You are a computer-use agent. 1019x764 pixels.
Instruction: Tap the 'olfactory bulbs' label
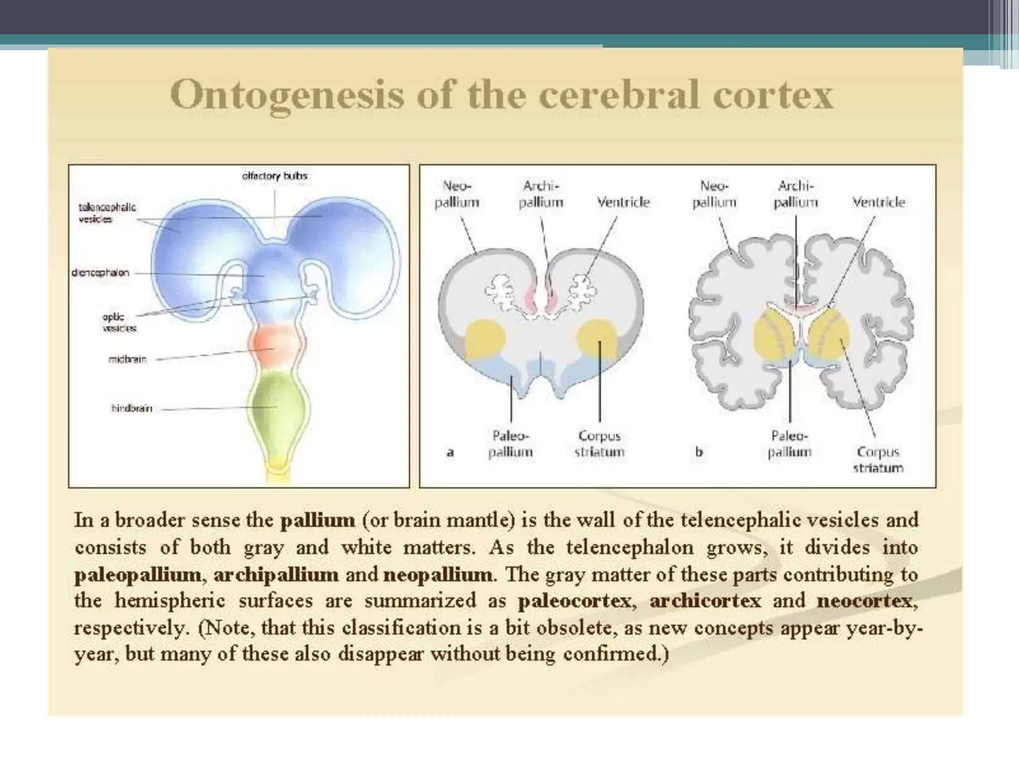pyautogui.click(x=275, y=176)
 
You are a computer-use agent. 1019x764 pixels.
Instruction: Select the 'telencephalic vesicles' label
pyautogui.click(x=107, y=213)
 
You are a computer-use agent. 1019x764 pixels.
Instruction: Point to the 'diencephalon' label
pyautogui.click(x=101, y=273)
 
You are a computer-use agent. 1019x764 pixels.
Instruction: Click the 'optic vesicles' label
pyautogui.click(x=118, y=322)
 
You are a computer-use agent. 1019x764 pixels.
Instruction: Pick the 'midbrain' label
pyautogui.click(x=127, y=359)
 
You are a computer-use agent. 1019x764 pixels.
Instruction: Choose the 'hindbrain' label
pyautogui.click(x=131, y=408)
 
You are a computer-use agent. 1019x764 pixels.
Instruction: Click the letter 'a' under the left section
pyautogui.click(x=450, y=453)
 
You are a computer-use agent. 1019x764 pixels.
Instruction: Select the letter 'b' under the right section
pyautogui.click(x=699, y=453)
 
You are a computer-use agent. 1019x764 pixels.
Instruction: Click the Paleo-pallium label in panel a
pyautogui.click(x=510, y=444)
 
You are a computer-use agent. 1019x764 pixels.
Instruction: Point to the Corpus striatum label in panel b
pyautogui.click(x=878, y=460)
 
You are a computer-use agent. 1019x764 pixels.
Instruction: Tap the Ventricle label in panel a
pyautogui.click(x=623, y=202)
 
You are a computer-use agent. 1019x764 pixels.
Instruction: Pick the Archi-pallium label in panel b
pyautogui.click(x=796, y=194)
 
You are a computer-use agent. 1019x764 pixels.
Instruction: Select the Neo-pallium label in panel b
pyautogui.click(x=714, y=194)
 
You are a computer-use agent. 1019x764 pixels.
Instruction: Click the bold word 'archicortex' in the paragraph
pyautogui.click(x=706, y=601)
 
